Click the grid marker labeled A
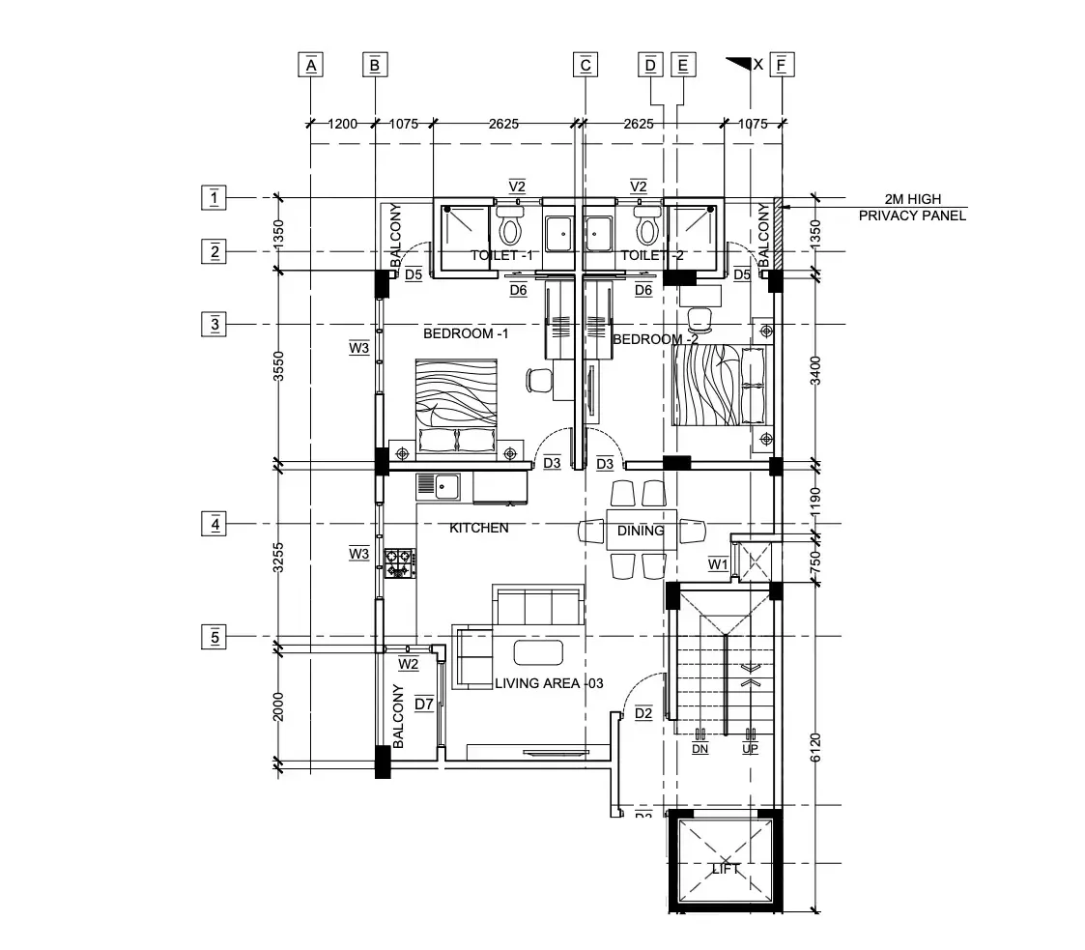pos(310,65)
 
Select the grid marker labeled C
pos(585,65)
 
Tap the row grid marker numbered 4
pos(214,525)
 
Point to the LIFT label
pos(726,869)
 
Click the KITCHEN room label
pos(478,529)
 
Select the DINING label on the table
pos(641,531)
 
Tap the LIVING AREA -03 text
pos(549,683)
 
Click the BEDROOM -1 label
pos(466,333)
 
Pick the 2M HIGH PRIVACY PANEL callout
pos(911,208)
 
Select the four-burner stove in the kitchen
pos(399,563)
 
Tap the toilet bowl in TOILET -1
pos(509,229)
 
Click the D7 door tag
pos(424,704)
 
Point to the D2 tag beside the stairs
pos(643,714)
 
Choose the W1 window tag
pos(717,563)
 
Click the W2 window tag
pos(409,664)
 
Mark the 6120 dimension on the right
pos(815,746)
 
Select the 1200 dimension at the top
pos(342,124)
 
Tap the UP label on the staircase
pos(750,748)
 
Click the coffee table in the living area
pos(538,652)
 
